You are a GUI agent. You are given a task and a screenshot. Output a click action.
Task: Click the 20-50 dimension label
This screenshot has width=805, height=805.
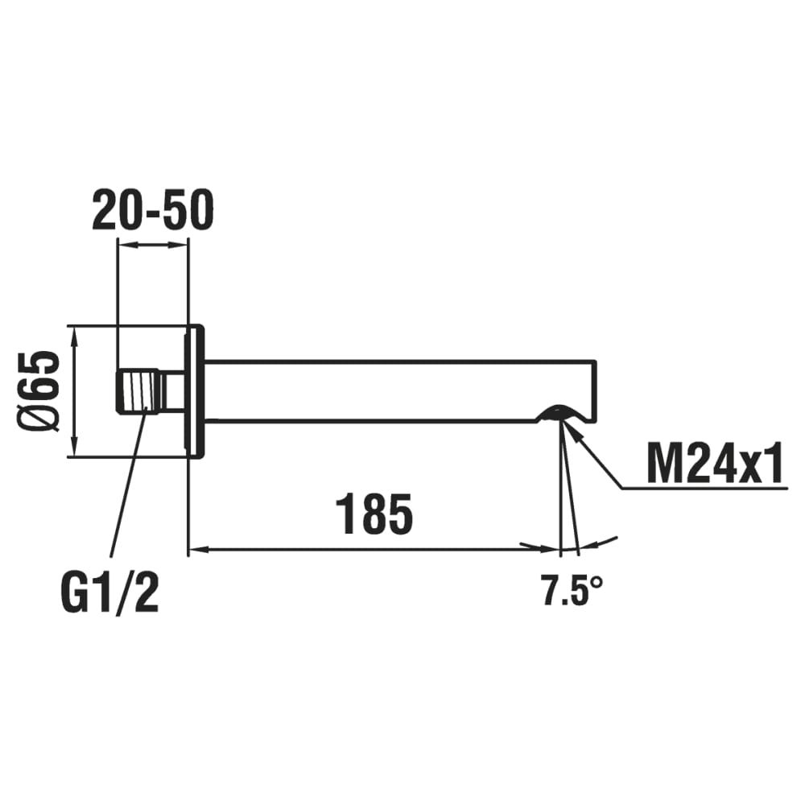152,209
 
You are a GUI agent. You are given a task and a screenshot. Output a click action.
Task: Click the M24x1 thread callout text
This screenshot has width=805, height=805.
715,464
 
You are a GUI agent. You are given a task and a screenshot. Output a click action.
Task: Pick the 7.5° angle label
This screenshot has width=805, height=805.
572,590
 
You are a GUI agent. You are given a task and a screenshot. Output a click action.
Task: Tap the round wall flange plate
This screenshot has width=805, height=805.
195,391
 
